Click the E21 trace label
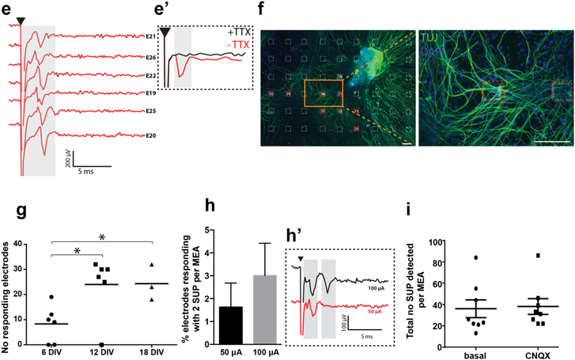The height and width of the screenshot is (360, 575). pos(152,36)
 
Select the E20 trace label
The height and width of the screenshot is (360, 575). pos(152,136)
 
